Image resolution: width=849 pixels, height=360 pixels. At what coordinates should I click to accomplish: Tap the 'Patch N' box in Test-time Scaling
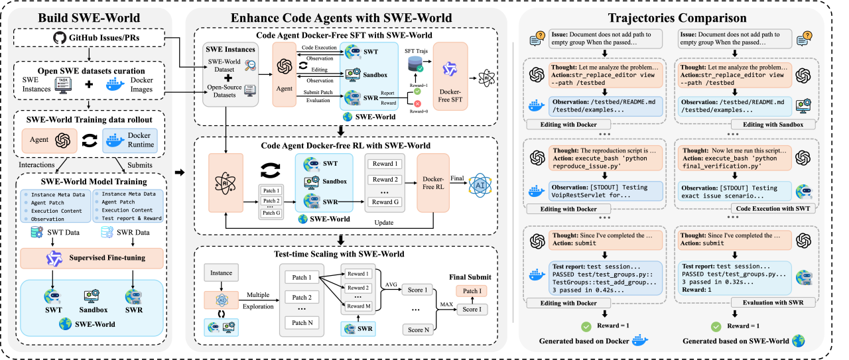tap(302, 323)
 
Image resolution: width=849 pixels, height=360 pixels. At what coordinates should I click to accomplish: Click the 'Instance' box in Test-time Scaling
tap(222, 273)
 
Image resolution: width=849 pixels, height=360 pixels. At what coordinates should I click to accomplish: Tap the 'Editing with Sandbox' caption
tap(772, 124)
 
